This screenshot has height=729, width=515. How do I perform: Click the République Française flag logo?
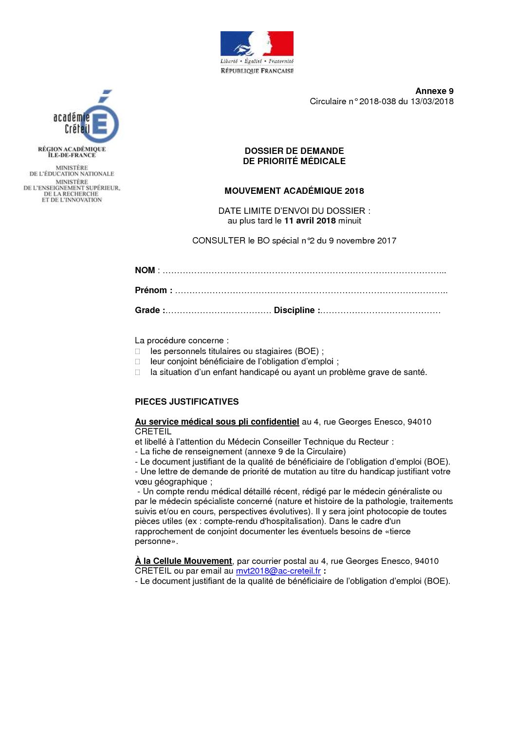click(x=257, y=52)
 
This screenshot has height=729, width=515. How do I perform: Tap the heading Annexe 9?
click(x=434, y=91)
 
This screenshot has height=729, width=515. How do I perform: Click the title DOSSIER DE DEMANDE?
click(x=294, y=151)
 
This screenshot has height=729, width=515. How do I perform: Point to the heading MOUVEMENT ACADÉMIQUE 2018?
click(x=294, y=191)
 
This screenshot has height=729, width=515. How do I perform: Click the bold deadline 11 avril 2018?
click(x=310, y=221)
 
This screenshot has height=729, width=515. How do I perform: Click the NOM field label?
click(x=145, y=270)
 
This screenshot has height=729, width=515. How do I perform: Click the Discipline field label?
click(x=296, y=310)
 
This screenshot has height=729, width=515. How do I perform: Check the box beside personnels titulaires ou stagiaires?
click(x=138, y=351)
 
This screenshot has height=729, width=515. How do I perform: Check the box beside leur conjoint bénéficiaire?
click(x=138, y=362)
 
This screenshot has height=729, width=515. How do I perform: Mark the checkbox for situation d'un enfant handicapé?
click(x=138, y=373)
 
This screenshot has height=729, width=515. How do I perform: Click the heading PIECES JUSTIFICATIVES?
click(x=186, y=402)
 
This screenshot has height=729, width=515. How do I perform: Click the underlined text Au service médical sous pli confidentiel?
click(x=217, y=422)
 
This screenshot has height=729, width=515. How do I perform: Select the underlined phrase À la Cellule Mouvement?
click(x=184, y=561)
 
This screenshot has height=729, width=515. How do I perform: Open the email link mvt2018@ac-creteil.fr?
click(x=278, y=571)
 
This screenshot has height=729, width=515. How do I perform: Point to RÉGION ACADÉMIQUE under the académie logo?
click(x=72, y=149)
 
